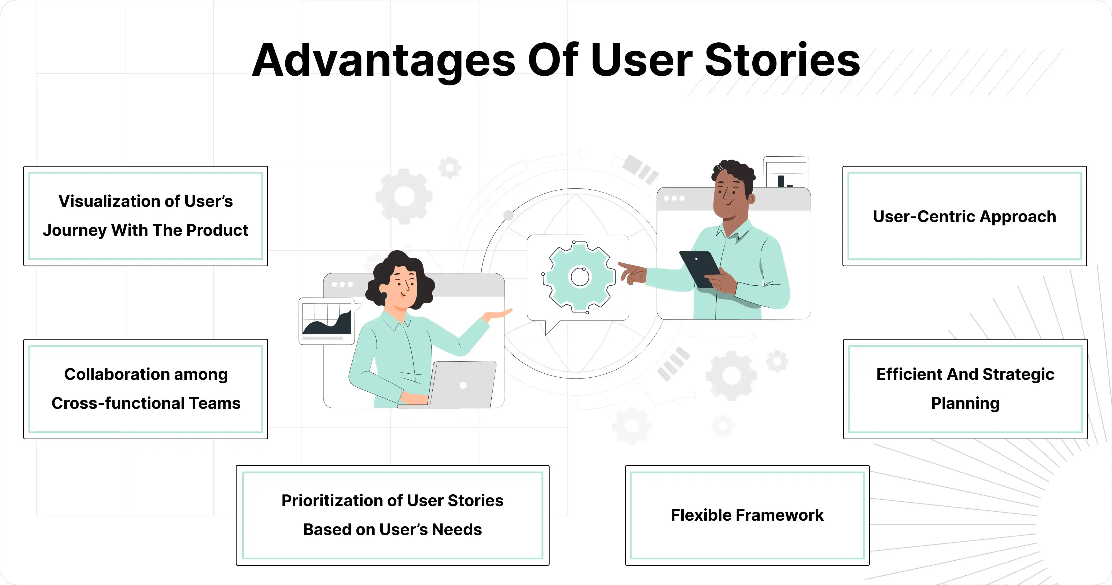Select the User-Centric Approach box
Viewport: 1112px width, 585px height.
pos(964,216)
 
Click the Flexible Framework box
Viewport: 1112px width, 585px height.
pos(747,515)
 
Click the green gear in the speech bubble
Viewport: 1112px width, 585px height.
pos(580,277)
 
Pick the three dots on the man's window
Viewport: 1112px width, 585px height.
pos(674,198)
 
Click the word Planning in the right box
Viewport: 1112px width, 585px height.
pos(965,403)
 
